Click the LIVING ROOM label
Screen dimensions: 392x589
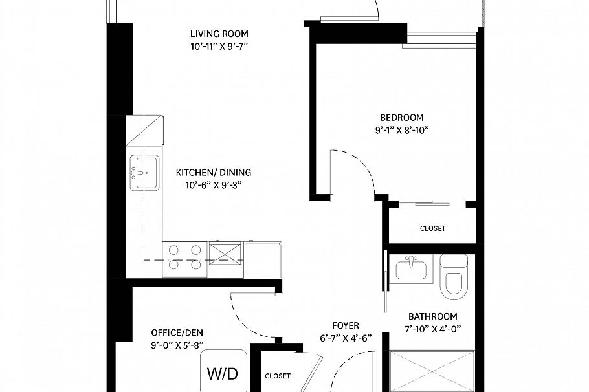click(x=219, y=34)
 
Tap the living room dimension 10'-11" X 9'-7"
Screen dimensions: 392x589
click(x=219, y=46)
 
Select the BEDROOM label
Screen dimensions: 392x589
click(x=401, y=118)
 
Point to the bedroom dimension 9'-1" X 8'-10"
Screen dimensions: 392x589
click(x=401, y=130)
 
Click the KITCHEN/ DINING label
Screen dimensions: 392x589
click(x=214, y=173)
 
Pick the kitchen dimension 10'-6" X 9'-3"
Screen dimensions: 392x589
click(x=214, y=185)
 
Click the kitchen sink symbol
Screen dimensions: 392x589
click(x=144, y=173)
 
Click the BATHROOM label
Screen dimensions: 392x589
click(x=432, y=316)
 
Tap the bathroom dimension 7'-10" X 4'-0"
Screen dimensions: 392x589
click(x=432, y=329)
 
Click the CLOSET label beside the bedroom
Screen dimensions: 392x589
click(x=432, y=228)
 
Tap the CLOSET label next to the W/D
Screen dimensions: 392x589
click(x=278, y=376)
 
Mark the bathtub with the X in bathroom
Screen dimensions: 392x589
click(x=432, y=371)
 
